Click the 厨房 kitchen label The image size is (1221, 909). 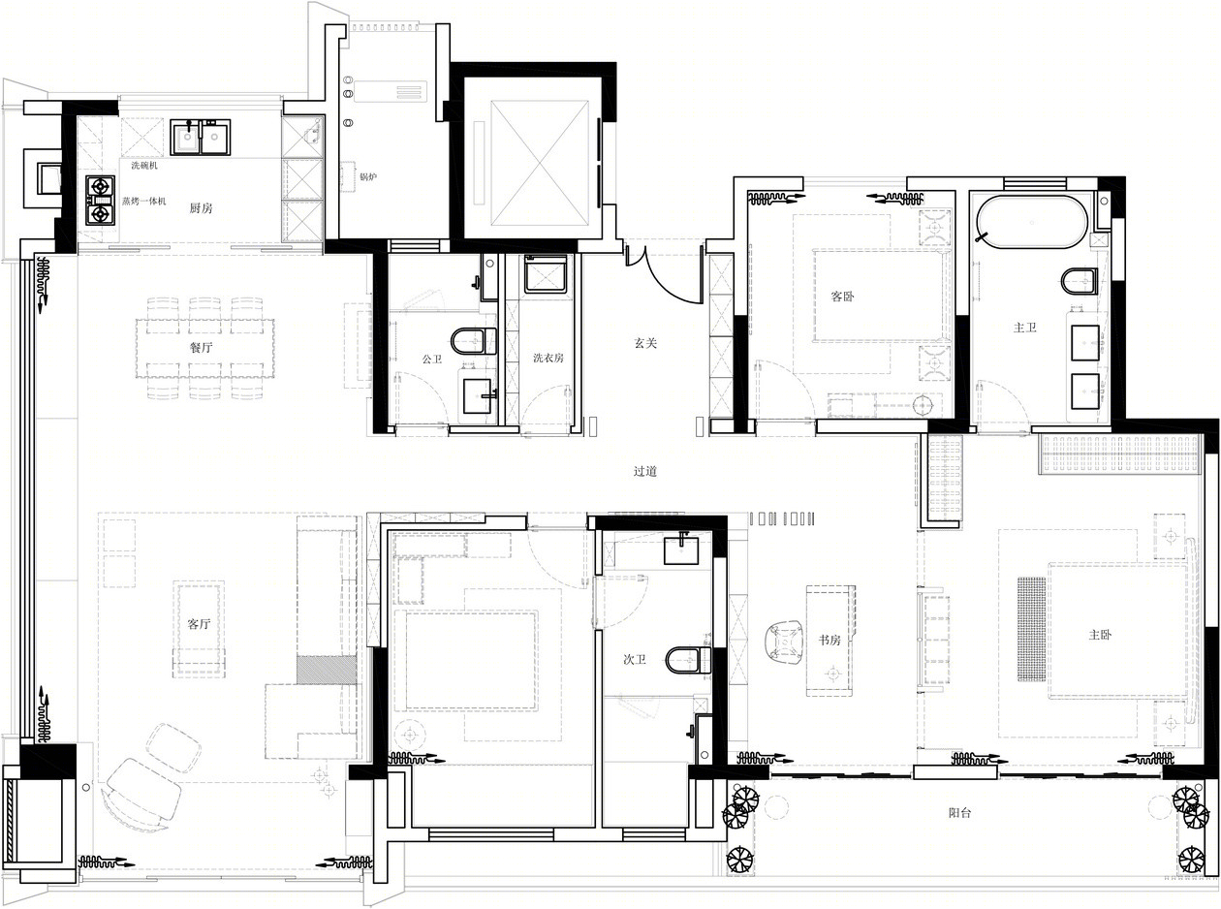(x=201, y=208)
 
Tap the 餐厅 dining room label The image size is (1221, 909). (x=201, y=347)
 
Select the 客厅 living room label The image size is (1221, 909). (x=199, y=624)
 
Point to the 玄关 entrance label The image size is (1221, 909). (x=645, y=343)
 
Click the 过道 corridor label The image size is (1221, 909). (x=644, y=471)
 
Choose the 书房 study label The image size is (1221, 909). (x=830, y=640)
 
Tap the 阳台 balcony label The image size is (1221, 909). (x=960, y=813)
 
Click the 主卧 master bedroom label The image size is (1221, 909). (x=1100, y=635)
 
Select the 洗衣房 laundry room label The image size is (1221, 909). (x=548, y=358)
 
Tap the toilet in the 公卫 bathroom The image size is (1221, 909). (x=474, y=341)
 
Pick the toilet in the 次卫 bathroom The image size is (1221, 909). (x=688, y=660)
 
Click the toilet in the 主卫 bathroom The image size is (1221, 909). (x=1079, y=281)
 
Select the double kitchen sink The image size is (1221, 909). (x=200, y=138)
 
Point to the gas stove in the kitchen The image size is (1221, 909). (x=100, y=201)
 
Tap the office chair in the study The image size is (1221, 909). (x=783, y=642)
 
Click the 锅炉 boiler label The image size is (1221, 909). (x=367, y=177)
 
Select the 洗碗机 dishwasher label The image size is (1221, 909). (x=144, y=165)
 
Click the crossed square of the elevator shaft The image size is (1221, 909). (x=540, y=163)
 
